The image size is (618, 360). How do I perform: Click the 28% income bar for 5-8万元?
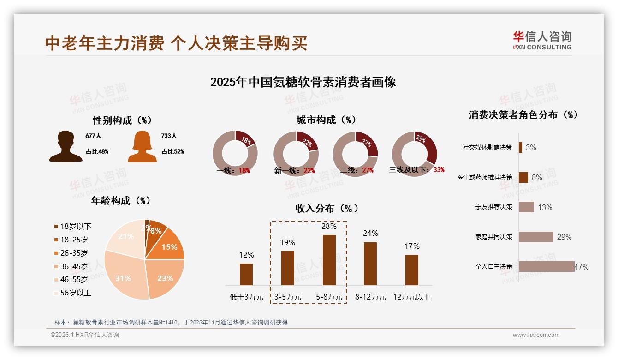coord(329,260)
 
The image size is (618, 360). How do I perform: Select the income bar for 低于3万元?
coord(246,274)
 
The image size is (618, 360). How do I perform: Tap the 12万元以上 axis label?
coord(411,297)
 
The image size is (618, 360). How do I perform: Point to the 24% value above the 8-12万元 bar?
coord(370,234)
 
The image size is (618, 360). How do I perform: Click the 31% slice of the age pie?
coord(124,278)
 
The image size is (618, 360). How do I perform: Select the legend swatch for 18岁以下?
coord(56,227)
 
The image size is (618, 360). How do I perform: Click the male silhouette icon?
coord(66,147)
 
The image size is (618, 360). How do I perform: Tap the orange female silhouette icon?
coord(142,147)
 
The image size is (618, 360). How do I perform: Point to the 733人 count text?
coord(169,136)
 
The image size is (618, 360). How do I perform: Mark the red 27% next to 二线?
coord(368,170)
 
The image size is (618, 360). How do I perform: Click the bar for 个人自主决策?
coord(547,266)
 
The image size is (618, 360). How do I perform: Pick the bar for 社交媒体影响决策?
coord(520,147)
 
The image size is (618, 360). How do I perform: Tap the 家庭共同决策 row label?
coord(494,237)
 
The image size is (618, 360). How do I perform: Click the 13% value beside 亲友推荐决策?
coord(545,207)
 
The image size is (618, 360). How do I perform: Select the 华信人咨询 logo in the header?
coord(542,40)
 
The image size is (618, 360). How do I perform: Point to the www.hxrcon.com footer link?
coord(536,335)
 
